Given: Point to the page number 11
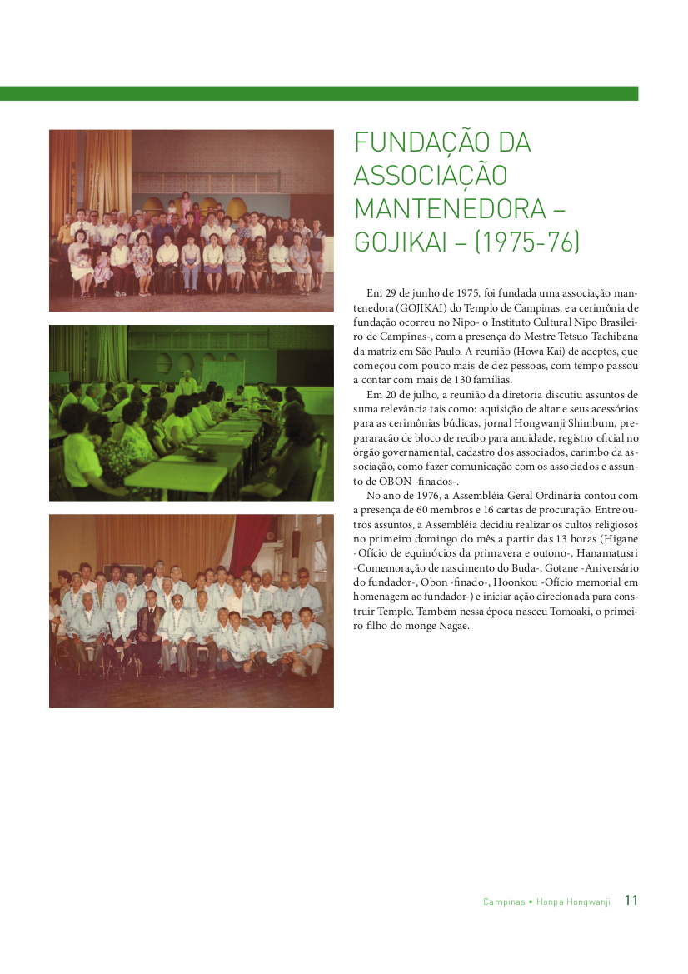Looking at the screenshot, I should click(x=631, y=901).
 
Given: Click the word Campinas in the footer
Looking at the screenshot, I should click(x=504, y=902).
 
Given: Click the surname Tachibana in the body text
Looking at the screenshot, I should click(x=611, y=337).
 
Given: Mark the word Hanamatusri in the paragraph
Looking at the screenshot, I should click(x=604, y=554).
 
